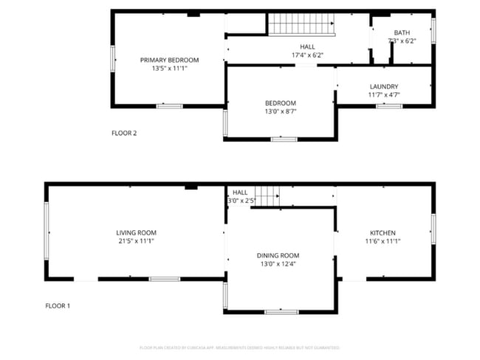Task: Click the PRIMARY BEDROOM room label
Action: click(169, 60)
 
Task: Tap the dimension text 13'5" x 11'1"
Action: click(169, 68)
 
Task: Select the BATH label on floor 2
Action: click(402, 32)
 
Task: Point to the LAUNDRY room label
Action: click(383, 86)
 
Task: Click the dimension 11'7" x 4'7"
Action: click(383, 94)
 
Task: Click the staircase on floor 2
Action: click(301, 24)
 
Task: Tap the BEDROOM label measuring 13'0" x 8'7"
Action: click(281, 103)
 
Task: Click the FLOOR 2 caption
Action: click(124, 134)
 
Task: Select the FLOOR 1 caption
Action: click(57, 305)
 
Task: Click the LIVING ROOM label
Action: click(136, 232)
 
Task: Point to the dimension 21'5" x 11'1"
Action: click(136, 240)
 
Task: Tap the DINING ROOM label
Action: click(278, 255)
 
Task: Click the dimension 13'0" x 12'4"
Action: click(278, 263)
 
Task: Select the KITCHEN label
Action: click(383, 232)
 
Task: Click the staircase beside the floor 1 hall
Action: click(267, 195)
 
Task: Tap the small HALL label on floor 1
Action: click(240, 193)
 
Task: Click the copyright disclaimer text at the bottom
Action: click(239, 347)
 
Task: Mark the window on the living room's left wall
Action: click(47, 231)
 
